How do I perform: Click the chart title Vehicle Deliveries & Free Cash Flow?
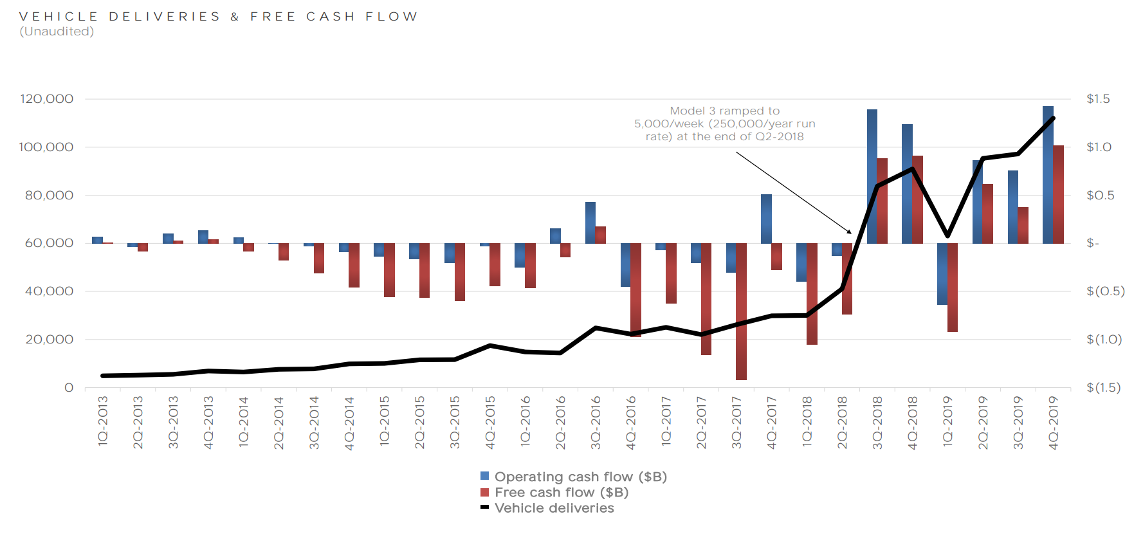pyautogui.click(x=219, y=17)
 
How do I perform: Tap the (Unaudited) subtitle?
pyautogui.click(x=57, y=32)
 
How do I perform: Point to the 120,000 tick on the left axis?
pyautogui.click(x=46, y=99)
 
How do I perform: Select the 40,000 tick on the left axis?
pyautogui.click(x=49, y=291)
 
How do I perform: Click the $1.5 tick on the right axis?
pyautogui.click(x=1098, y=99)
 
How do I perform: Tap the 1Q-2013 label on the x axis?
pyautogui.click(x=103, y=421)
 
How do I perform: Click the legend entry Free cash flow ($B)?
pyautogui.click(x=561, y=493)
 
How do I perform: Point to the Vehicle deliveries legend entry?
pyautogui.click(x=554, y=508)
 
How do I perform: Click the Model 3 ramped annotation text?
pyautogui.click(x=725, y=123)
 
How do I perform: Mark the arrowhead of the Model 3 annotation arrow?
pyautogui.click(x=850, y=232)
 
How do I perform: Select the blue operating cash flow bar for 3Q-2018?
pyautogui.click(x=872, y=176)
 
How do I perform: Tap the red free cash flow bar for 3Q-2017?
pyautogui.click(x=741, y=311)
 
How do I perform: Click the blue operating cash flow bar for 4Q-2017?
pyautogui.click(x=766, y=219)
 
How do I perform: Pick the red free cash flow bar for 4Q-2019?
pyautogui.click(x=1058, y=194)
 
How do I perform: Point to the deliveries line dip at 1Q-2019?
pyautogui.click(x=947, y=235)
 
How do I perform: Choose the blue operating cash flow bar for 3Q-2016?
pyautogui.click(x=590, y=223)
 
